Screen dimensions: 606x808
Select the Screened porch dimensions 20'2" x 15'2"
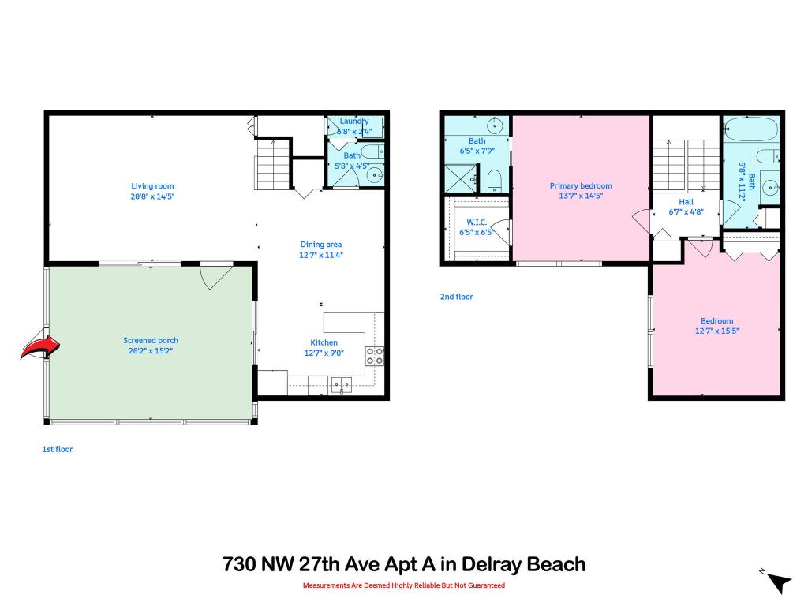151,350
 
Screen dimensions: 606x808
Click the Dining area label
321,245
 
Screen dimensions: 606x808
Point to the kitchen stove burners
375,356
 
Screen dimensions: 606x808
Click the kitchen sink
343,385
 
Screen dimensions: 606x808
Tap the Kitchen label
324,342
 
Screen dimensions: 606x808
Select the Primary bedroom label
581,186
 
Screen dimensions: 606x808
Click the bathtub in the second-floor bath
750,129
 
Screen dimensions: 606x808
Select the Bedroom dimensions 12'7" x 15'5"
716,331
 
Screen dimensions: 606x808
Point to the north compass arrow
779,583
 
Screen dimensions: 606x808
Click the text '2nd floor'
456,297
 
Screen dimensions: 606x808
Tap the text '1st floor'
57,449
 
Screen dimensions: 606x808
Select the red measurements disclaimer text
404,585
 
